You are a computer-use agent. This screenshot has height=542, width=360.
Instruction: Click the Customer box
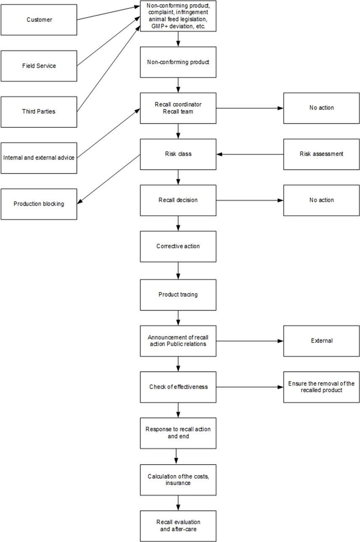[x=39, y=20]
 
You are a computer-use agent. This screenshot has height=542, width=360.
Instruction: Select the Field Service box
[x=39, y=66]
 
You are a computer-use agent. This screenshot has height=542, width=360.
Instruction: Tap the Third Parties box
[x=39, y=112]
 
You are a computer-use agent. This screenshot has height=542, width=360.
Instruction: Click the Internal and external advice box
[x=39, y=158]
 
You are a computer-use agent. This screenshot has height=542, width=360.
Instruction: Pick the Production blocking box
[x=39, y=204]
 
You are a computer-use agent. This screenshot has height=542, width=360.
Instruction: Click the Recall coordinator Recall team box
[x=178, y=108]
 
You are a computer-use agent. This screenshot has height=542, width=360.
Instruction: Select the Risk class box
[x=178, y=154]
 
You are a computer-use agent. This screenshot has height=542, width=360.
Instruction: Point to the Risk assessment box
[x=321, y=154]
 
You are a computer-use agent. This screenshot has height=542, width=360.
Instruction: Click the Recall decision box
[x=178, y=200]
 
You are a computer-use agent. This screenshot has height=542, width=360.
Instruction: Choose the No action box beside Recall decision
[x=321, y=200]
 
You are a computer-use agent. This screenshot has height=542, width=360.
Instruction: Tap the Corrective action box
[x=178, y=246]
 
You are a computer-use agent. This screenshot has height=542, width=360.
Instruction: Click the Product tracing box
[x=178, y=295]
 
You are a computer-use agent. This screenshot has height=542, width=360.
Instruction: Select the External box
[x=321, y=341]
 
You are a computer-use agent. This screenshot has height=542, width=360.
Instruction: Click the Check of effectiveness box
[x=178, y=387]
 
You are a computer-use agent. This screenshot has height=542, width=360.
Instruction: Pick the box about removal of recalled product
[x=321, y=387]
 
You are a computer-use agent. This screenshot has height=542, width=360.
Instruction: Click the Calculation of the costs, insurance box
[x=178, y=480]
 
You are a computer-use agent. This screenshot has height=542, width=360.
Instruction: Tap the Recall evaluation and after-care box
[x=178, y=526]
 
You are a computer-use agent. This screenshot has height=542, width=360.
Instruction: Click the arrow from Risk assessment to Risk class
[x=250, y=154]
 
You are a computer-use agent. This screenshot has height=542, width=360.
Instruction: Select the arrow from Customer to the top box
[x=109, y=13]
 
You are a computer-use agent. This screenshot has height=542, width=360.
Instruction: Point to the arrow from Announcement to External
[x=250, y=341]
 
